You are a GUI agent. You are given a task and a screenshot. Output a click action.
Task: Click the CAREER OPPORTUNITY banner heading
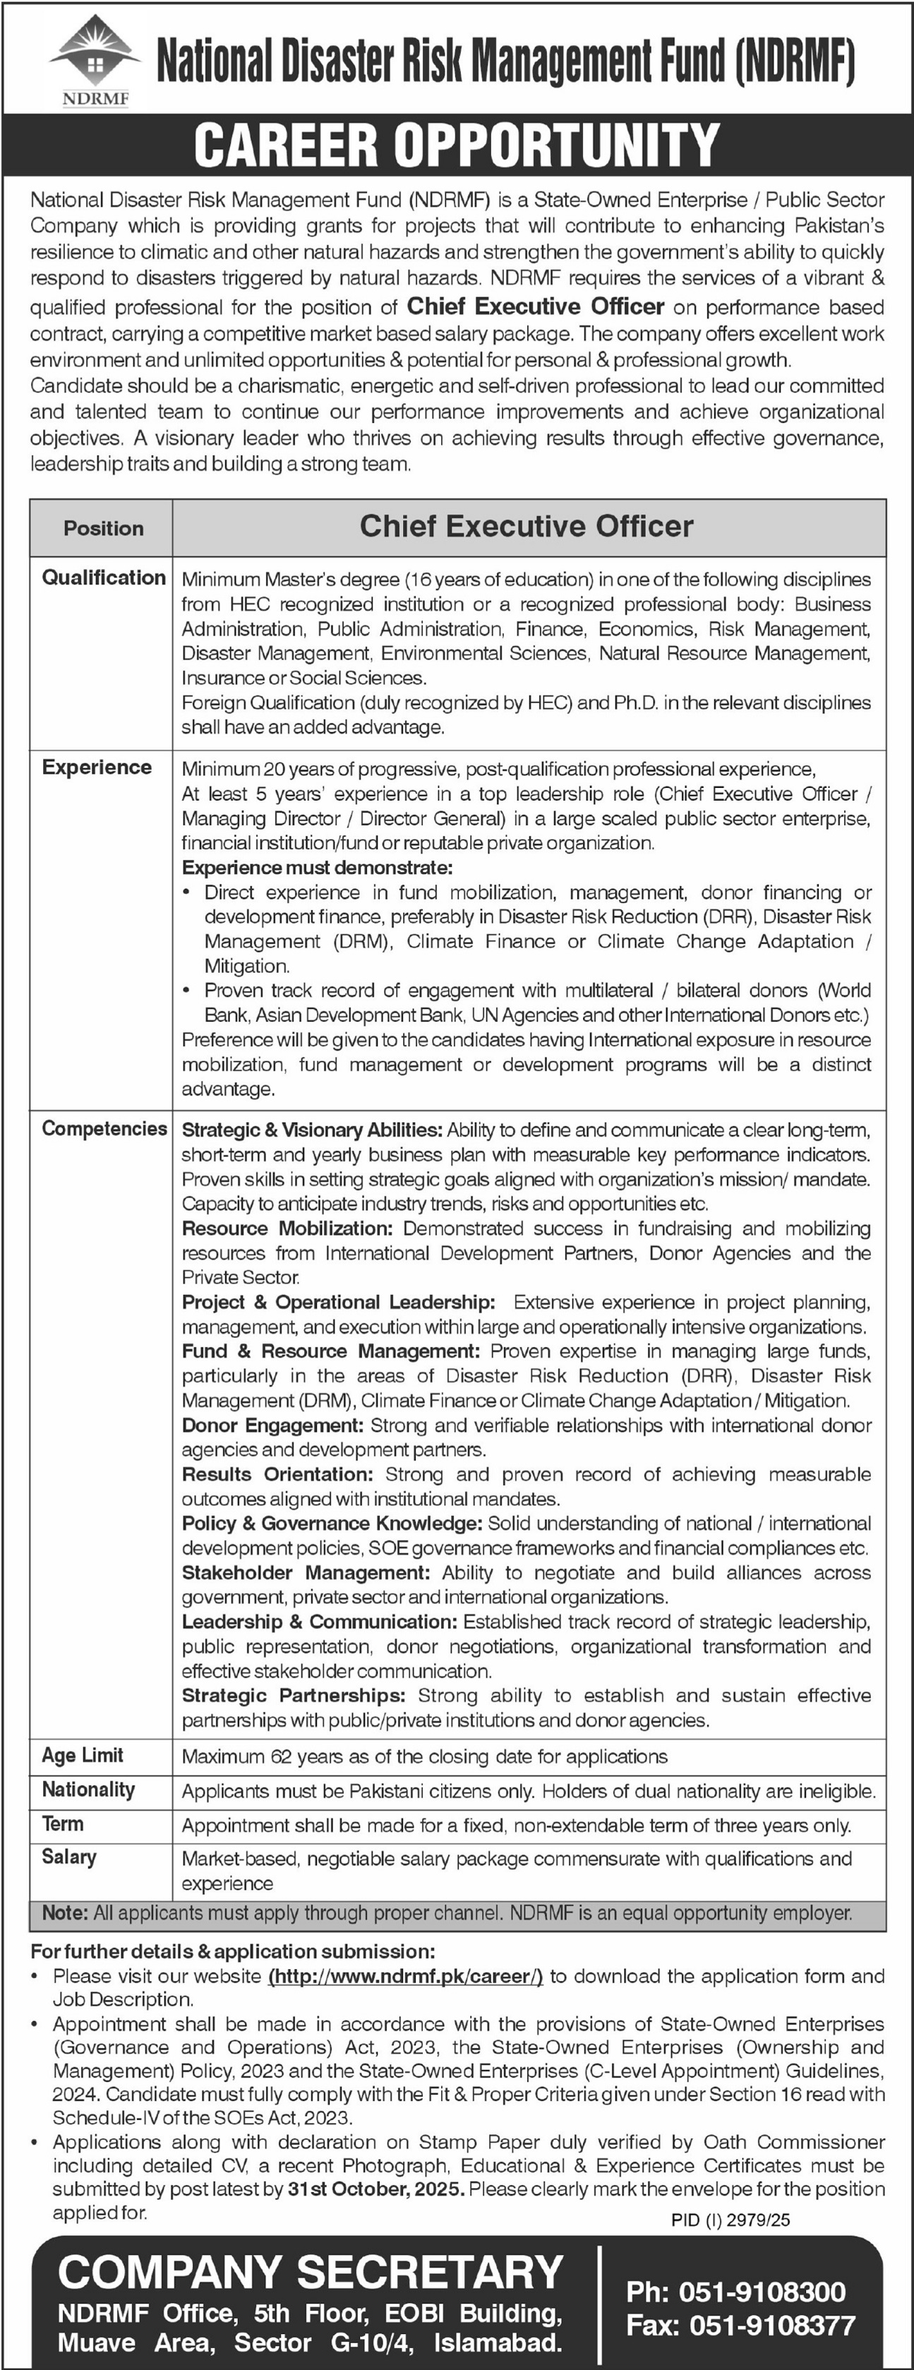click(x=457, y=145)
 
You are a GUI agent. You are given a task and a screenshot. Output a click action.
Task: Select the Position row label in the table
click(x=103, y=528)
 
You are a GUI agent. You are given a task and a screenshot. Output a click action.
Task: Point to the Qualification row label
click(x=104, y=577)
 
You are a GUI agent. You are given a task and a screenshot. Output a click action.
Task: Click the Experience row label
click(x=97, y=767)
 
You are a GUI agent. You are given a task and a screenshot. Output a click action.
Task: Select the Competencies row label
click(x=104, y=1129)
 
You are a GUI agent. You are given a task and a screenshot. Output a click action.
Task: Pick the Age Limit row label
click(x=83, y=1755)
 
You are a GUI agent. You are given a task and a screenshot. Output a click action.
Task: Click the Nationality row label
click(x=88, y=1790)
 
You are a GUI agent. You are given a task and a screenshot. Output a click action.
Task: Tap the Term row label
click(x=63, y=1824)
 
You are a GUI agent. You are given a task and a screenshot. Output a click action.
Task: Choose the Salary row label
click(x=69, y=1857)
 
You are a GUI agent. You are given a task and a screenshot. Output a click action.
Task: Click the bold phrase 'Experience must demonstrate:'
click(x=317, y=868)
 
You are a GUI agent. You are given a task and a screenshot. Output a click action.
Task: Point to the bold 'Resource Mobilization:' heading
click(x=288, y=1228)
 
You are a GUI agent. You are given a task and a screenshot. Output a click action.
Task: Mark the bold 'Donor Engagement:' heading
click(x=273, y=1425)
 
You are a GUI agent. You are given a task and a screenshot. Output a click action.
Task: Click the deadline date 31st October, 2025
click(x=373, y=2189)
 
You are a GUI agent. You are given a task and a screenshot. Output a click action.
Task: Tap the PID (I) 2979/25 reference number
click(x=730, y=2220)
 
